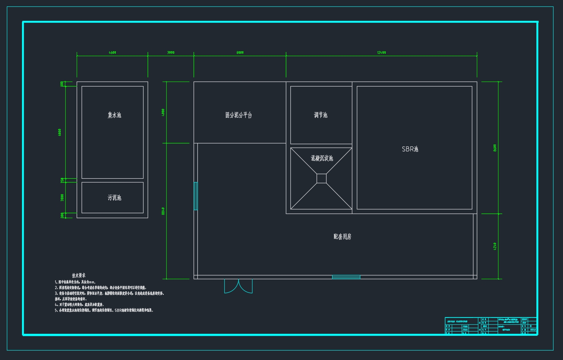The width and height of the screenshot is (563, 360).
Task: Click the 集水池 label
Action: coord(114,115)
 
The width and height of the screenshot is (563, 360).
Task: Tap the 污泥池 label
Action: coord(114,198)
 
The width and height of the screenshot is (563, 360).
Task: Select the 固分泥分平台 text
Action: coord(238,115)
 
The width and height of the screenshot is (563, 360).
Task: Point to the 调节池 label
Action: coord(320,115)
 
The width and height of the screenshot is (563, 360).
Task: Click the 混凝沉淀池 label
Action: coord(322,159)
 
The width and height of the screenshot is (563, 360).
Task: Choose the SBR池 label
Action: coord(410,149)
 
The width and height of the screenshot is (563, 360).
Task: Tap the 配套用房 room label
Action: coord(342,237)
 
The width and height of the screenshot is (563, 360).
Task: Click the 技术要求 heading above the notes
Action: coord(79,275)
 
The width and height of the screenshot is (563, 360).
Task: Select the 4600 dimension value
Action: coord(112,53)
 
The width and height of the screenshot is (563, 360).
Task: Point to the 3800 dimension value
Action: coord(171,53)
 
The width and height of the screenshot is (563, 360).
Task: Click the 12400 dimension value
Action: coord(382,53)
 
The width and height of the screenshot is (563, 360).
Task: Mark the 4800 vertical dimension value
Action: coord(163,112)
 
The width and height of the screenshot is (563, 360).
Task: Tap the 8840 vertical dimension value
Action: coord(163,211)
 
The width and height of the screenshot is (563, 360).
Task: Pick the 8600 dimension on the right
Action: coord(495,148)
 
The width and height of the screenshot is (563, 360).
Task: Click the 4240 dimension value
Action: coord(495,246)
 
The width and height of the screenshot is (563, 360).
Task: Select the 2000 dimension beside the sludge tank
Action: coord(62,198)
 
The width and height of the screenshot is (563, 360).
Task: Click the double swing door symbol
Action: coord(238,286)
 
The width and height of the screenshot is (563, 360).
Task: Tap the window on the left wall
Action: coord(196,196)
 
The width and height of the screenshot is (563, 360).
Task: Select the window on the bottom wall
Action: coord(346,277)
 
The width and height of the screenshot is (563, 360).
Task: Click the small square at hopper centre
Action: coord(322,178)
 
